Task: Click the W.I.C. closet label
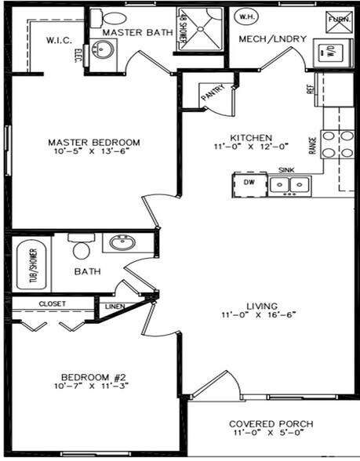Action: pos(60,39)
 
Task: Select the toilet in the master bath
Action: pos(115,18)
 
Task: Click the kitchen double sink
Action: pos(289,184)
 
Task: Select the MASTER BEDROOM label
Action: pos(94,143)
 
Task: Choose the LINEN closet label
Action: pos(115,307)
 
